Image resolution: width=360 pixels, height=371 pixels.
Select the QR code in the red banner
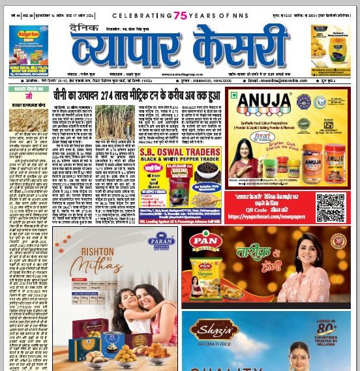[x=330, y=208]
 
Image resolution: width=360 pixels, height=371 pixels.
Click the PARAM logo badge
[x=162, y=241]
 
